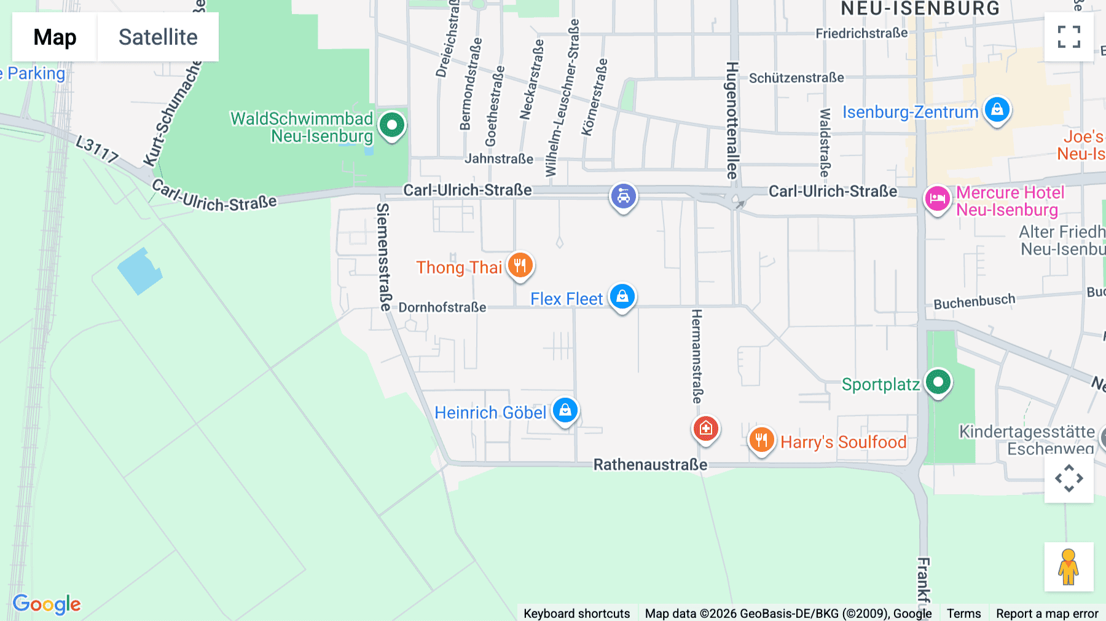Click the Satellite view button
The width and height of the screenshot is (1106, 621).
click(x=158, y=37)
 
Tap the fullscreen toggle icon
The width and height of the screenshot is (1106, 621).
click(x=1069, y=37)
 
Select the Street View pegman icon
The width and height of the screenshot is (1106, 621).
click(x=1069, y=567)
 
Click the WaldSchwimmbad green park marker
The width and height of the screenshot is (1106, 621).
click(x=392, y=125)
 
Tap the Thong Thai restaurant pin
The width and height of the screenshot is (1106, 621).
click(x=520, y=266)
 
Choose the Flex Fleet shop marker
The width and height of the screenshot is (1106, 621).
click(x=622, y=296)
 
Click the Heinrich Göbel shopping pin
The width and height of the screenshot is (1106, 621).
click(x=565, y=410)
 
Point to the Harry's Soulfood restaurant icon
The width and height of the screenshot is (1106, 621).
click(x=761, y=440)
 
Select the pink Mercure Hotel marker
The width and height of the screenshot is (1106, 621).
click(x=937, y=199)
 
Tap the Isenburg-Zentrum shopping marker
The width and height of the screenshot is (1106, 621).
click(x=997, y=110)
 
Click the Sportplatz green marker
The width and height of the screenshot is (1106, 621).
click(x=938, y=382)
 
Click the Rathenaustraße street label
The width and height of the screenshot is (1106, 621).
click(x=650, y=465)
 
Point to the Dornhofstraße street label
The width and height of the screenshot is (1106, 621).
click(x=442, y=307)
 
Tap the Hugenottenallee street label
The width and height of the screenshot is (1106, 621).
click(x=732, y=120)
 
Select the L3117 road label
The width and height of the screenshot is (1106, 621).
click(x=97, y=149)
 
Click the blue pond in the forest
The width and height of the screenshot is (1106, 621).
click(x=141, y=271)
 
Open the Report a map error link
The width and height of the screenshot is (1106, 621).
click(x=1047, y=614)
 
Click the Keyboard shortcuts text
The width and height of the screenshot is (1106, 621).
click(x=576, y=614)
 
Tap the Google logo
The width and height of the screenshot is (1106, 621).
click(x=47, y=604)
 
